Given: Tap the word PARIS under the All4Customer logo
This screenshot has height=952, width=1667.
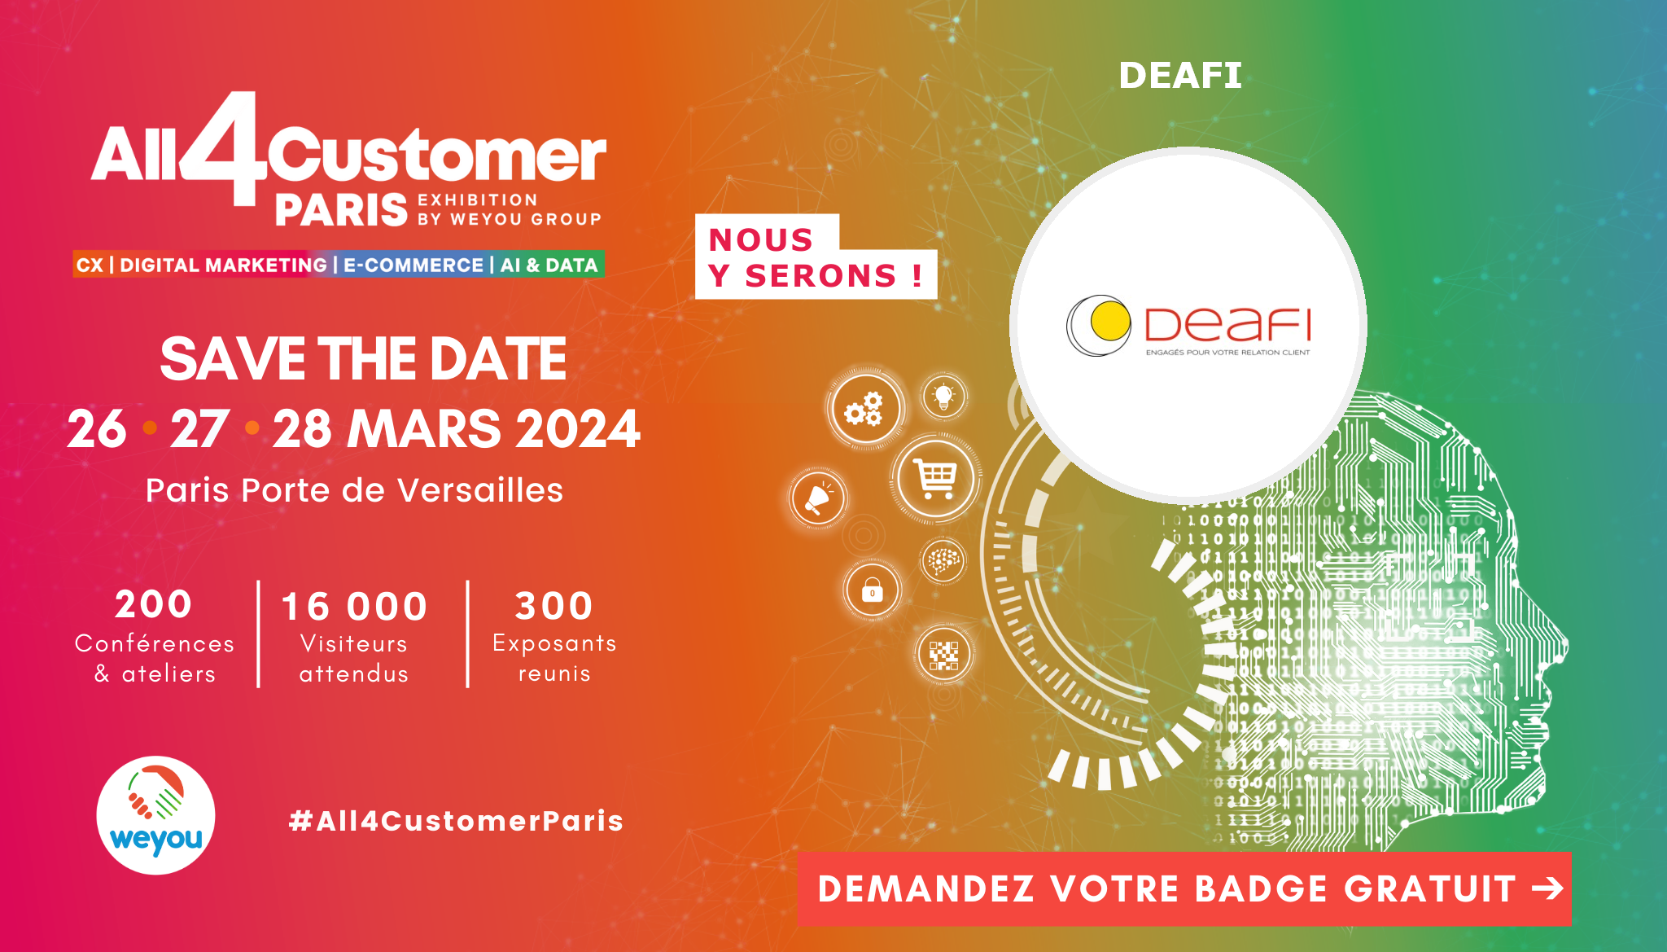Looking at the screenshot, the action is click(341, 210).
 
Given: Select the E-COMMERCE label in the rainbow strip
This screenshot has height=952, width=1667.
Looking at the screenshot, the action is click(413, 265).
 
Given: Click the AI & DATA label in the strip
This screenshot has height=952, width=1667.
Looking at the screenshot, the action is click(549, 265).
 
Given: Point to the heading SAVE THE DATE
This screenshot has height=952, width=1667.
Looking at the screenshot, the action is click(363, 359).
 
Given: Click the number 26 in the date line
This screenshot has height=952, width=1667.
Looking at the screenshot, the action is click(97, 429).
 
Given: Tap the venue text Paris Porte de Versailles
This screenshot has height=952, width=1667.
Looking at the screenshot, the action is click(354, 490).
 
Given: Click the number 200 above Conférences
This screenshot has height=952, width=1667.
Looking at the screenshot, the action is click(154, 604).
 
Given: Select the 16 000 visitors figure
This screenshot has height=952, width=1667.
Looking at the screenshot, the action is click(354, 607).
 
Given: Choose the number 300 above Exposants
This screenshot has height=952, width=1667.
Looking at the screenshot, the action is click(553, 606).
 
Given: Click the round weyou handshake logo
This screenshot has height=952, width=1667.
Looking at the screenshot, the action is click(156, 815).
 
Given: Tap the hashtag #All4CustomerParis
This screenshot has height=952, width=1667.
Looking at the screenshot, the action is click(457, 821).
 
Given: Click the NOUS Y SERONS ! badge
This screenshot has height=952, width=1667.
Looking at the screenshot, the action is click(816, 257).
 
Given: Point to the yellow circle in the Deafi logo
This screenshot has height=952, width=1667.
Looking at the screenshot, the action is click(1111, 322).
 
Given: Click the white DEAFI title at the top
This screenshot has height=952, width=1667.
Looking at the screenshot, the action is click(1180, 76).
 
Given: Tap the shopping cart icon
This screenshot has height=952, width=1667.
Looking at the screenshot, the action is click(935, 478).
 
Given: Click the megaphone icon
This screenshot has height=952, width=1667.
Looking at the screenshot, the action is click(817, 498).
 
